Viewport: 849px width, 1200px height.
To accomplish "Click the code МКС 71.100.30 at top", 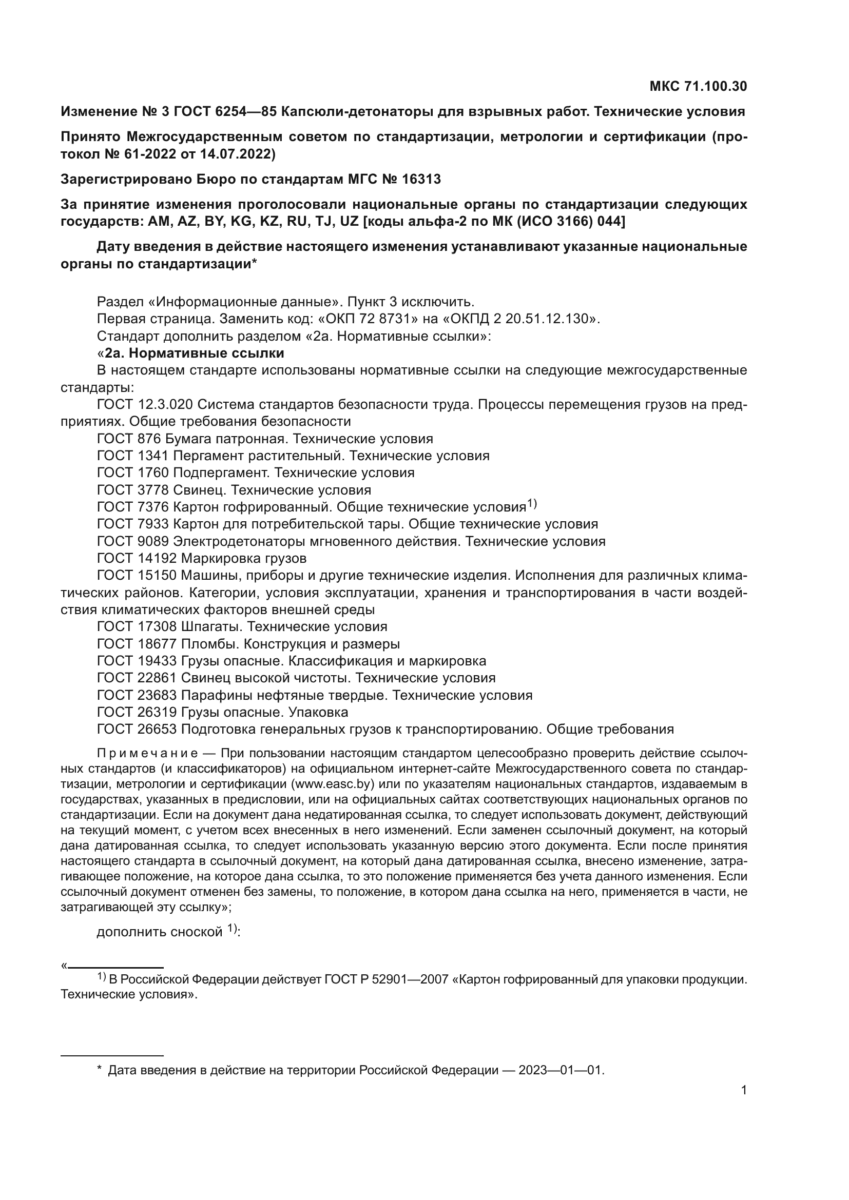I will (698, 86).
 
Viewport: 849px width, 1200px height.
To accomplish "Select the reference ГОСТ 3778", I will (133, 490).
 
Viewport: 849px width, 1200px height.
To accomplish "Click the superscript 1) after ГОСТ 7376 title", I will (532, 504).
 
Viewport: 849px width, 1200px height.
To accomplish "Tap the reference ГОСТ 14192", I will (137, 559).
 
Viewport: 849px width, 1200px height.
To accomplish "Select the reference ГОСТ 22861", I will (137, 678).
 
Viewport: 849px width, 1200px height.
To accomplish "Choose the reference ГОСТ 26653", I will (137, 730).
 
